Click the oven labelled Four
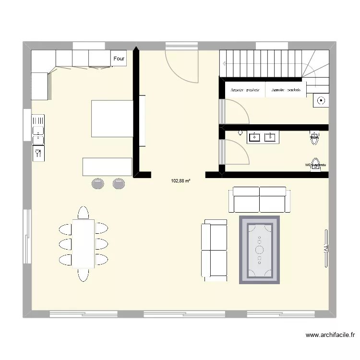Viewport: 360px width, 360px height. click(x=119, y=59)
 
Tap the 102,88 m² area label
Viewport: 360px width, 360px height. click(x=180, y=181)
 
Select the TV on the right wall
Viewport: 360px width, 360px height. click(x=325, y=248)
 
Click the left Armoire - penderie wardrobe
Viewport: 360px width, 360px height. click(x=245, y=90)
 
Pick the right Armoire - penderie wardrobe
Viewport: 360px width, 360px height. click(x=286, y=90)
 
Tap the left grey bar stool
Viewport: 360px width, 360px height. click(x=98, y=183)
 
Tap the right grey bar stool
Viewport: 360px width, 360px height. click(x=119, y=183)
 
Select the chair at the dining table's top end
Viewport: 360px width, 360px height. click(x=84, y=212)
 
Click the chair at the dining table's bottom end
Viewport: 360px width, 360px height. click(x=84, y=275)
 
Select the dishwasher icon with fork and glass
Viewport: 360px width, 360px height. click(x=38, y=154)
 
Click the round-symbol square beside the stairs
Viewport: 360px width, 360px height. click(x=320, y=101)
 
